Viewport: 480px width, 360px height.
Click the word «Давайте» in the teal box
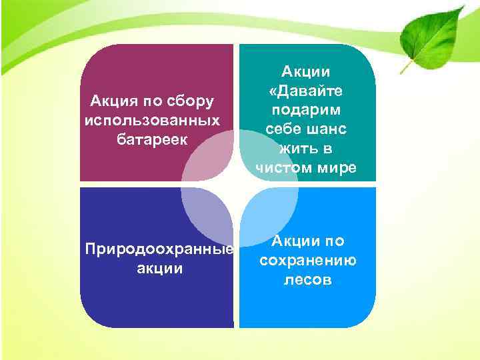click(306, 89)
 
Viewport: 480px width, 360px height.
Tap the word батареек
click(153, 140)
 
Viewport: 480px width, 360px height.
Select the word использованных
click(153, 121)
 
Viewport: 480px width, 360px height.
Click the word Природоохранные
click(159, 250)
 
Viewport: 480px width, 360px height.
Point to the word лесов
click(307, 280)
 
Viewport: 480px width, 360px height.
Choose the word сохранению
click(307, 261)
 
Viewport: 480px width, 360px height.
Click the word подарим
click(306, 109)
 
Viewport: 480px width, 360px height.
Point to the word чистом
click(281, 167)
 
